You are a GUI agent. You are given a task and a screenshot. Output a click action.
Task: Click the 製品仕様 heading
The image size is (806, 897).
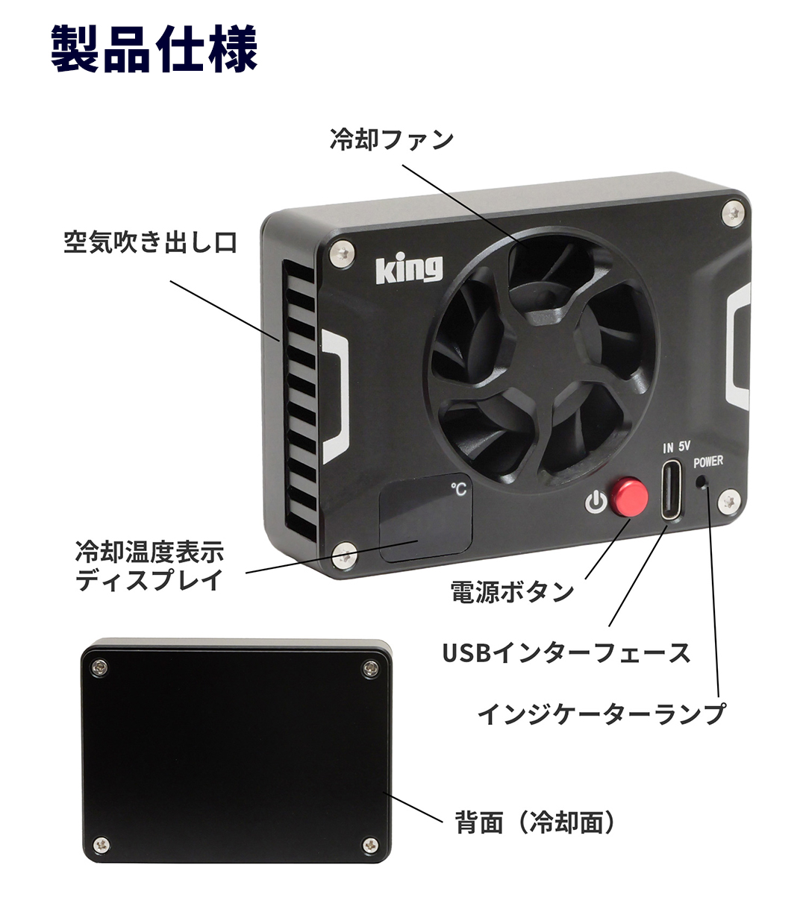154,48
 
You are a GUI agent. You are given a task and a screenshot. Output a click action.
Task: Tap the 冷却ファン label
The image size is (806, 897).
392,139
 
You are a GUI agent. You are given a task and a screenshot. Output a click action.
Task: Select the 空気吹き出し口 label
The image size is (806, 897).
150,242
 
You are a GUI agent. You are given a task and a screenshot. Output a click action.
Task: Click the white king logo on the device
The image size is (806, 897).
409,268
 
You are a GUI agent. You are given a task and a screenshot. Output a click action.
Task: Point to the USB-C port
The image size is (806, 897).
672,490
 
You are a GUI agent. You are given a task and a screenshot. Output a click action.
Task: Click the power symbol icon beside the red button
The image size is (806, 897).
596,502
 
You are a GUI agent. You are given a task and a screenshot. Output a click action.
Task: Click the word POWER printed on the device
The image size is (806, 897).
708,462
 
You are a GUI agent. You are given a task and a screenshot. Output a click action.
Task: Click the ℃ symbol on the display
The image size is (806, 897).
459,489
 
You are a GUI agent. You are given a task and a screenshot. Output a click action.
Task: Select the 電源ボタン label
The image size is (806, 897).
512,591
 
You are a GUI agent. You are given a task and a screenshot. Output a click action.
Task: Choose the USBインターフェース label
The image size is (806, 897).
566,652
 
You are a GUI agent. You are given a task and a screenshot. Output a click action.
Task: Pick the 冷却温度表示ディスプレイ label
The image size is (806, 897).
150,565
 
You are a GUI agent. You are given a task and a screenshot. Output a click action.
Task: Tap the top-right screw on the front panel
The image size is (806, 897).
734,214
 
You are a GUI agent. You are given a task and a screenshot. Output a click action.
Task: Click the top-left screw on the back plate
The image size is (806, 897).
99,667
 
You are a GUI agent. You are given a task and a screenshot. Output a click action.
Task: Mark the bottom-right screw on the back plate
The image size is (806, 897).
370,846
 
